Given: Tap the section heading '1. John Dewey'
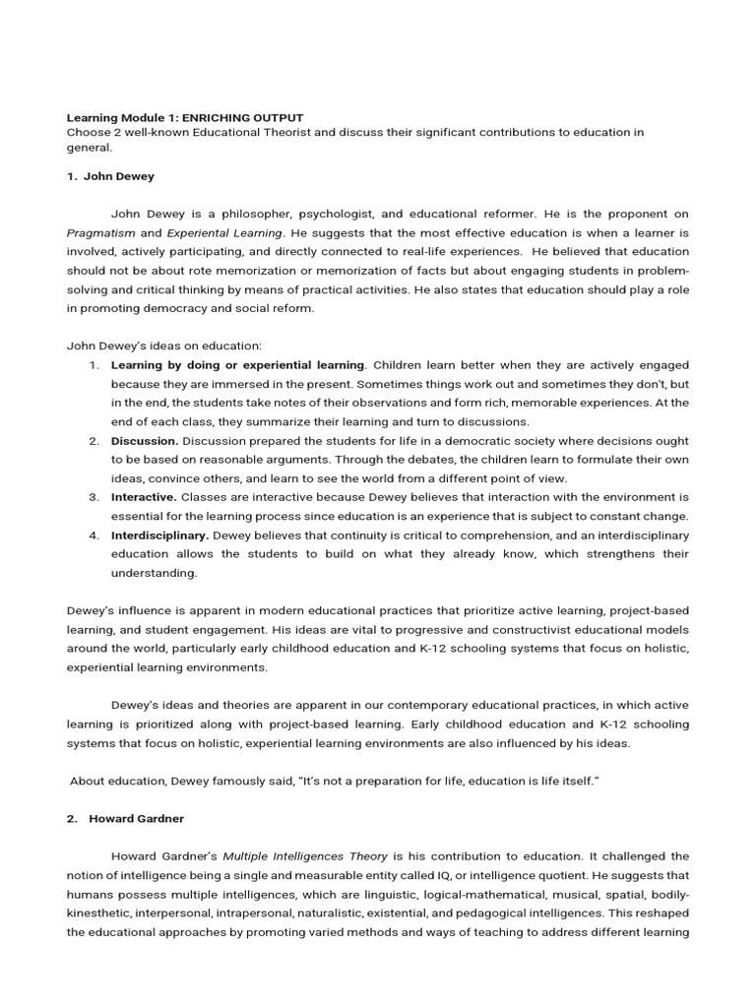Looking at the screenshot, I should click(x=110, y=177).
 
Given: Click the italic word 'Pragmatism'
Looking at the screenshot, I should click(x=100, y=233).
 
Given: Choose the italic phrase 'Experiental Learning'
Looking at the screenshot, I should click(x=224, y=233).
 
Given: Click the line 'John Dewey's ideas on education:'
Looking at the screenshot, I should click(x=163, y=346).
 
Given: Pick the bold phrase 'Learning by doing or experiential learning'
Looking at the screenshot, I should click(x=237, y=365).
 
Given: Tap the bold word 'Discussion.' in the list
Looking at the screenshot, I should click(x=145, y=440).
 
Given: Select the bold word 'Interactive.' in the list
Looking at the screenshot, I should click(x=144, y=497).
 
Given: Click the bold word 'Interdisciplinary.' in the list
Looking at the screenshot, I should click(x=159, y=535).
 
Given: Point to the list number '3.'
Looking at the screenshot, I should click(x=94, y=497).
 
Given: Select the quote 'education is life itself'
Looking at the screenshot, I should click(x=531, y=781).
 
